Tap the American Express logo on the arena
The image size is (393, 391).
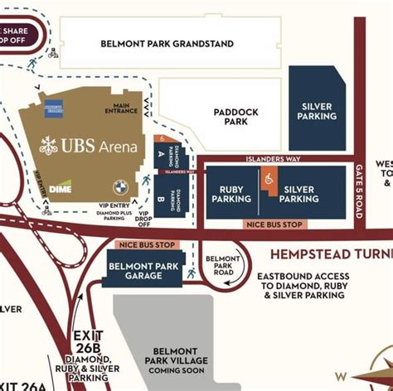[56, 105]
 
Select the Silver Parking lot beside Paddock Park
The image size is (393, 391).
[317, 110]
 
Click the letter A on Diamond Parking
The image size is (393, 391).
[160, 153]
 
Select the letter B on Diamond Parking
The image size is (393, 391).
[160, 200]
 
